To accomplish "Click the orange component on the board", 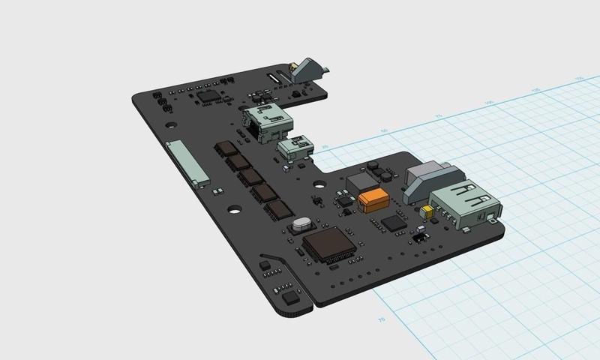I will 373,201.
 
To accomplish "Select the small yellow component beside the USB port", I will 428,211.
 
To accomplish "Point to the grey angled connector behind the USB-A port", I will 424,181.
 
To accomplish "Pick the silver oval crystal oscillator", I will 302,223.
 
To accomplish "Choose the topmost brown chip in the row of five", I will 225,148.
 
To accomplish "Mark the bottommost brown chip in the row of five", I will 280,209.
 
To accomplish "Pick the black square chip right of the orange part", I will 394,223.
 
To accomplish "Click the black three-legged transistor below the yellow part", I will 419,236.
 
